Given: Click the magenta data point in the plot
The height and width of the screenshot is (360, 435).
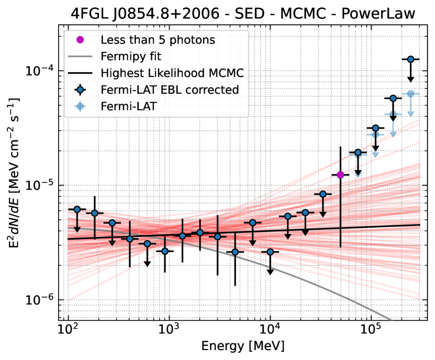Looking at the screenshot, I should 340,175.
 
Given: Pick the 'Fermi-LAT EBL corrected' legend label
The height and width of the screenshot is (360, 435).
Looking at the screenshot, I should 170,89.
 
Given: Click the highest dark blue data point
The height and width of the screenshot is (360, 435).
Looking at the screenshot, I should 411,59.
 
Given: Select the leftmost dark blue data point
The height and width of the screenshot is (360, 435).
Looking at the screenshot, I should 77,209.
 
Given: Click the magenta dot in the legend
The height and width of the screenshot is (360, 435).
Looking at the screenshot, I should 80,39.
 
